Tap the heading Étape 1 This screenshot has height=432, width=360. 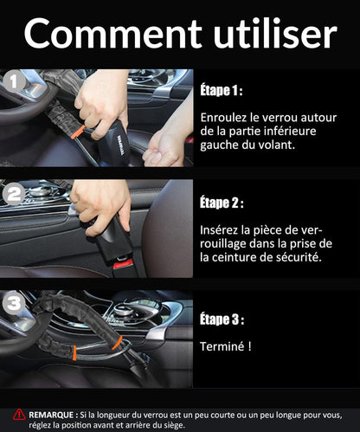coord(222,90)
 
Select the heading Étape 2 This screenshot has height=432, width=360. coord(222,203)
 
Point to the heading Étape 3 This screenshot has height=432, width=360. coord(222,319)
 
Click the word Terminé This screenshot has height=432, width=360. coord(222,346)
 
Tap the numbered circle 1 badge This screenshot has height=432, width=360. coord(14,81)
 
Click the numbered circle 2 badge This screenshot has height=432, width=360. coord(14,195)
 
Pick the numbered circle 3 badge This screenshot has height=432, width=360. coord(14,303)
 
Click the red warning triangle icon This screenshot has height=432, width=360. coord(19,415)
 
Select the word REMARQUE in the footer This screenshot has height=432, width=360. coord(51,416)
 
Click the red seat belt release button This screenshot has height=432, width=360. coord(123,264)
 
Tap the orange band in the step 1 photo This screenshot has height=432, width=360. coord(80,131)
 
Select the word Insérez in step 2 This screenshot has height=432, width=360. coord(219,230)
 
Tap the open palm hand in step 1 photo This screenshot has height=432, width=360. coord(163,150)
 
